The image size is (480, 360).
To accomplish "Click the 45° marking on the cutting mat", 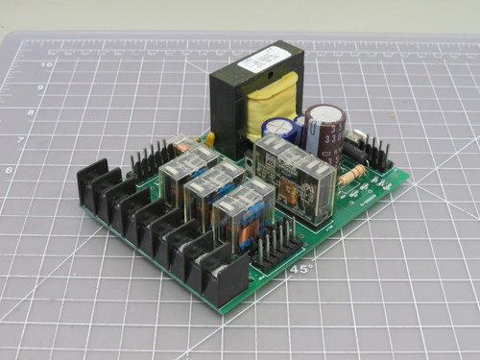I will point(300,270).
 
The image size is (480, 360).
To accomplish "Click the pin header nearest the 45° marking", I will point(275,244).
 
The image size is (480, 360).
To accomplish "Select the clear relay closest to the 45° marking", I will point(240,216).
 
